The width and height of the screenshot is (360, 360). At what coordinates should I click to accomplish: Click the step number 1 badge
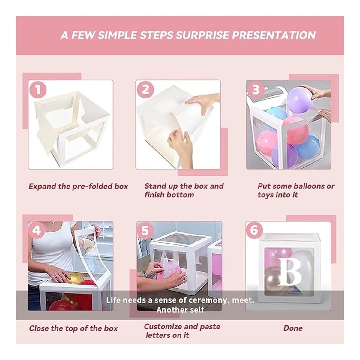click(x=38, y=90)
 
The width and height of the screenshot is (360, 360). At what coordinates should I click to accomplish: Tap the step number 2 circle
click(x=145, y=90)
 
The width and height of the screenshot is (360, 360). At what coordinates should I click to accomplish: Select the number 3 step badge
click(x=256, y=90)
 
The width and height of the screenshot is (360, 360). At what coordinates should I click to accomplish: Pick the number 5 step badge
click(x=145, y=230)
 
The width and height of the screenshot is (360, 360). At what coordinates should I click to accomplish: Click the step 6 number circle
click(x=254, y=230)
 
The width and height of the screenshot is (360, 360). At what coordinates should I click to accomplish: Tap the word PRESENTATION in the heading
click(x=274, y=35)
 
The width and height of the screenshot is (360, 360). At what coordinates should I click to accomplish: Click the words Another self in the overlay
click(x=180, y=310)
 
